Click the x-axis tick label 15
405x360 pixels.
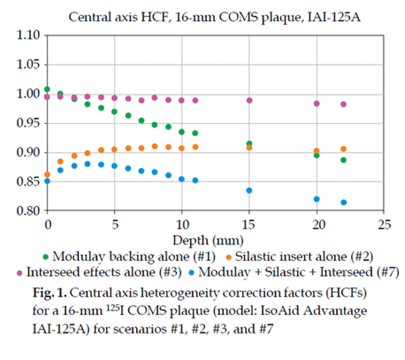(x=249, y=223)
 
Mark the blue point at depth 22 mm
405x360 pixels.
(x=344, y=203)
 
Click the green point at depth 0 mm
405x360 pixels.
(x=47, y=89)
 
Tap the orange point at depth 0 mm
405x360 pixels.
(x=47, y=174)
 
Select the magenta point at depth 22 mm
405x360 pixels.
(x=344, y=104)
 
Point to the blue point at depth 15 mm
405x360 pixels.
(x=249, y=190)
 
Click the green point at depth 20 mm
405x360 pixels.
(x=316, y=155)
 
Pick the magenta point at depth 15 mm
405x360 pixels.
(x=249, y=100)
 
